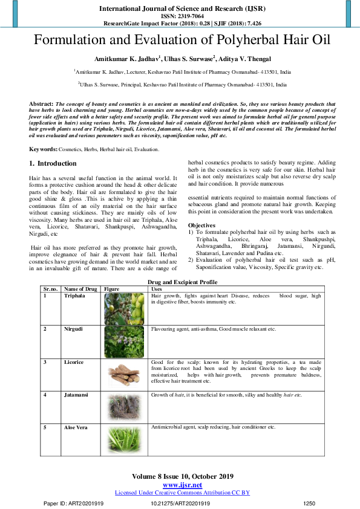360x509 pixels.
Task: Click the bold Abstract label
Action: coord(41,104)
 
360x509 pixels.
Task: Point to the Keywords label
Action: coord(44,148)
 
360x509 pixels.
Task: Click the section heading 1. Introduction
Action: coord(53,164)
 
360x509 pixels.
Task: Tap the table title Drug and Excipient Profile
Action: coord(182,282)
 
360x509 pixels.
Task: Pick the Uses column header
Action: coord(156,289)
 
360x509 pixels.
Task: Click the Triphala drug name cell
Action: coord(75,296)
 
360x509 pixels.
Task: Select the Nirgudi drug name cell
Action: coord(74,329)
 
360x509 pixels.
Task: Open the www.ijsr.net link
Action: coord(182,485)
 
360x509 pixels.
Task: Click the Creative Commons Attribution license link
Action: coord(182,493)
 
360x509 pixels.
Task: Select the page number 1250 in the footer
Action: coord(309,503)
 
